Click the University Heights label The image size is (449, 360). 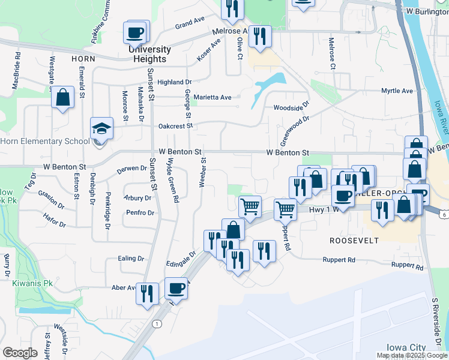coord(149,54)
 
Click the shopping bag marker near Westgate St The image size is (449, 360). coord(62,98)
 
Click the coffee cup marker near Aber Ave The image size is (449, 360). coord(176,288)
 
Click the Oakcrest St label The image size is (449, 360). coord(175,126)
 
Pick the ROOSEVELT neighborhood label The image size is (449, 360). coord(354,240)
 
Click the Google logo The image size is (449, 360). coord(20,353)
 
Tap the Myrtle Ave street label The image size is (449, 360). coord(397,91)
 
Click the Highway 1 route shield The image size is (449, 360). coord(157,324)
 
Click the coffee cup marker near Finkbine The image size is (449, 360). coord(136,32)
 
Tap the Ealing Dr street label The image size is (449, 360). coord(132,259)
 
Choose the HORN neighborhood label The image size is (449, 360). coord(83,59)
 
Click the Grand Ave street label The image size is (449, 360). coord(190,23)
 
